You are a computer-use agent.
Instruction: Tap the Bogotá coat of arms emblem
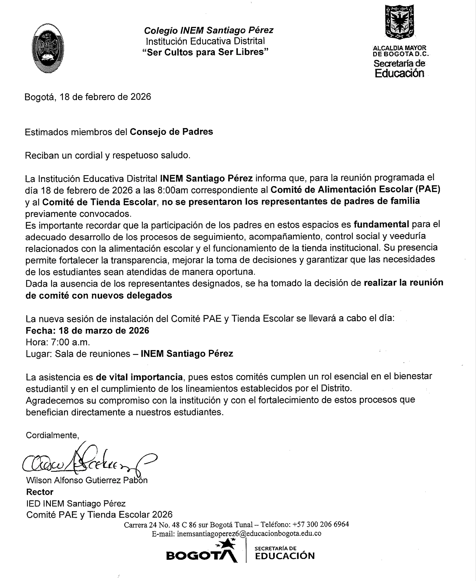coord(399,22)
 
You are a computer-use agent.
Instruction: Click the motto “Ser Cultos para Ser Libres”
coord(205,52)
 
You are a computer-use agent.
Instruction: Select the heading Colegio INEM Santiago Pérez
coord(209,30)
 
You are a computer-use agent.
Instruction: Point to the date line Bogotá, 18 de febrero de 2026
coord(88,97)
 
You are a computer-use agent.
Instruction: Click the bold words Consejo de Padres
coord(171,132)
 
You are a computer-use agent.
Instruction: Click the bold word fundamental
coord(381,224)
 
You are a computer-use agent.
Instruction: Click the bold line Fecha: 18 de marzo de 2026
coord(87,331)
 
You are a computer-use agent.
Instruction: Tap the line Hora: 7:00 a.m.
coord(58,342)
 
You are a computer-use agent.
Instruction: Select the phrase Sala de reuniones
coord(92,354)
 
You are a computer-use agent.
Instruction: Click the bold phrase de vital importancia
coord(139,377)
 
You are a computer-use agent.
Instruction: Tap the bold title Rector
coord(40,492)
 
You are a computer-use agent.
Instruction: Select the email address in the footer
coord(249,534)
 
